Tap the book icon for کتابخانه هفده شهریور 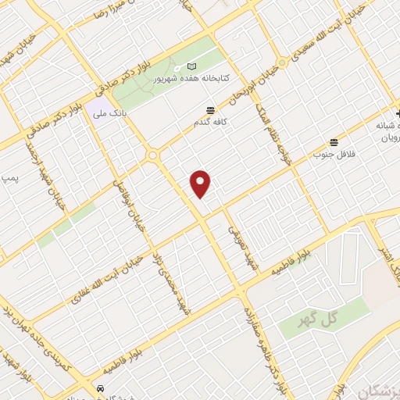[x=193, y=68]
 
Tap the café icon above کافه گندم [x=209, y=110]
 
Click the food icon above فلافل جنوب [x=334, y=142]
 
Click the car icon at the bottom [x=100, y=388]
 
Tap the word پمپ [x=9, y=178]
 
